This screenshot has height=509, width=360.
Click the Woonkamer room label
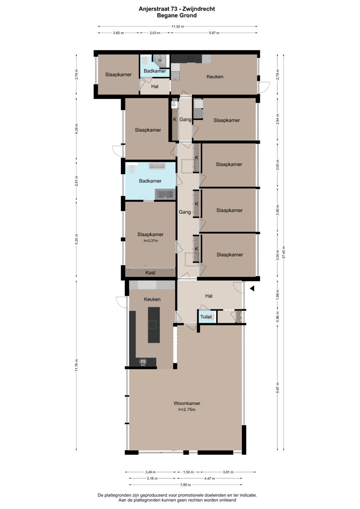(x=187, y=403)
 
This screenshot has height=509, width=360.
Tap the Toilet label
(x=206, y=317)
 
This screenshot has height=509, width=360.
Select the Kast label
(x=150, y=273)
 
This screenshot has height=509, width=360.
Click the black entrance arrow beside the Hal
(x=252, y=289)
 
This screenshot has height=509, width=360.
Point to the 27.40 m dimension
(x=283, y=252)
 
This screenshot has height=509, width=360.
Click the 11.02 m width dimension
(x=177, y=26)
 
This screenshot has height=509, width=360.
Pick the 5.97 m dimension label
(x=214, y=33)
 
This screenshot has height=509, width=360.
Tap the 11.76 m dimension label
(x=77, y=365)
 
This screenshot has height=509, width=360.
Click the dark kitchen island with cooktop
(x=154, y=325)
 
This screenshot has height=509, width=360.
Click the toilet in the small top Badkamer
(x=145, y=60)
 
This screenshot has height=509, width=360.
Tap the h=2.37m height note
(x=151, y=241)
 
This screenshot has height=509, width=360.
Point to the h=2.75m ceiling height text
(x=187, y=409)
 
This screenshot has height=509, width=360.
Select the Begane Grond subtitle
(x=177, y=15)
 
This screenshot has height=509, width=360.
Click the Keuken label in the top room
(x=215, y=77)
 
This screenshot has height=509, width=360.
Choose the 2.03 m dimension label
(x=155, y=33)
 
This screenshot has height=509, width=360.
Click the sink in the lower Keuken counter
(x=143, y=362)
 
